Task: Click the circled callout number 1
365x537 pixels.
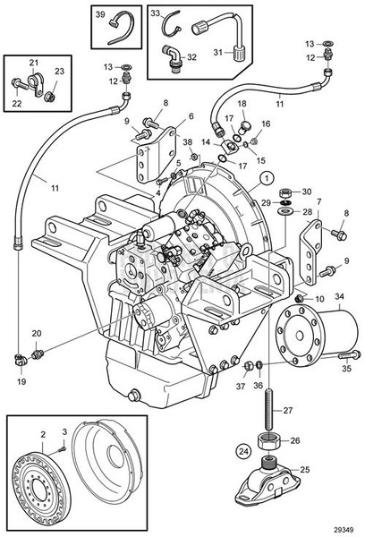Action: point(266,178)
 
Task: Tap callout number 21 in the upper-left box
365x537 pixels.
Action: point(35,61)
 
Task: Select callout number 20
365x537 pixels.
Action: point(37,334)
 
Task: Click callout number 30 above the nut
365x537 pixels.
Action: point(307,192)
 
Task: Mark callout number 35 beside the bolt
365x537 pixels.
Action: point(344,367)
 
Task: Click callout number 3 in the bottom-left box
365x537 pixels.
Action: point(64,431)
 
